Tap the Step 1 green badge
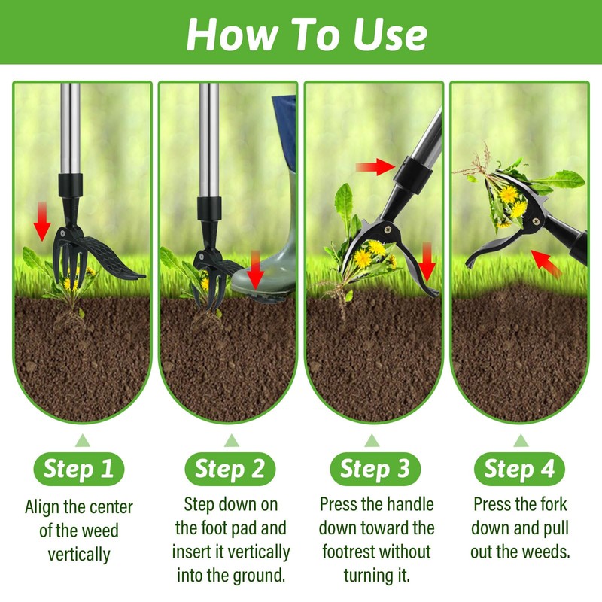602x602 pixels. [x=79, y=469]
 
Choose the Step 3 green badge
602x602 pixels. [x=375, y=469]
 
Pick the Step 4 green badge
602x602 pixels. [x=519, y=469]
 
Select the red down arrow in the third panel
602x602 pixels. [x=427, y=260]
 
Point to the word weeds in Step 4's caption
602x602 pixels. [x=547, y=552]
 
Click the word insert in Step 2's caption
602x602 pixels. [x=194, y=552]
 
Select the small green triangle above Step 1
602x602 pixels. [x=79, y=440]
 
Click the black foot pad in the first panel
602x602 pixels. [x=113, y=260]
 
